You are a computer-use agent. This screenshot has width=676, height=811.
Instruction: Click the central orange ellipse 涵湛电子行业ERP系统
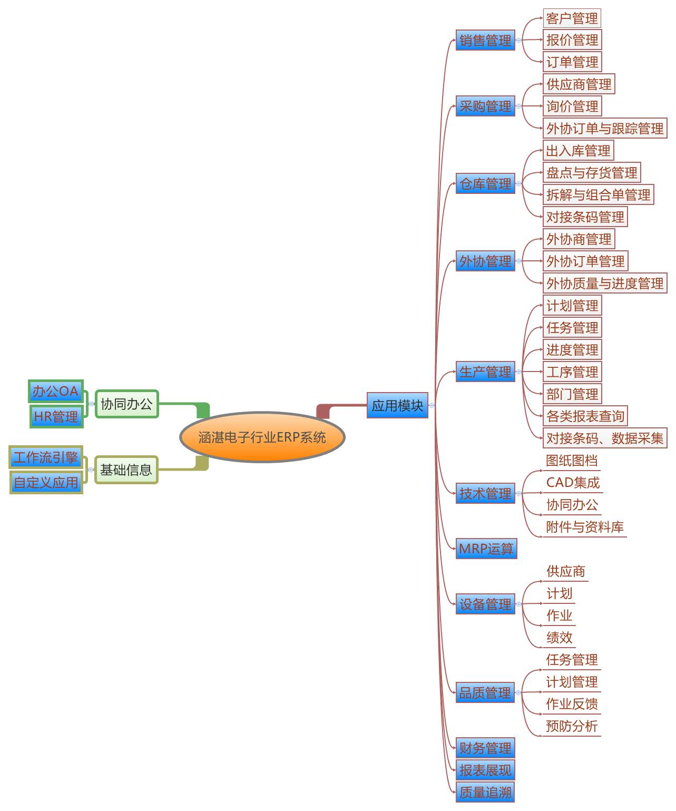[x=262, y=437]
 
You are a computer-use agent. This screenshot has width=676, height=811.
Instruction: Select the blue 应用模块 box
[x=397, y=405]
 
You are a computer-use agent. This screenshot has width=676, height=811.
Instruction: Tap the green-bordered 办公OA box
[x=55, y=391]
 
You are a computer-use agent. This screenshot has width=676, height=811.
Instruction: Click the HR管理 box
[x=56, y=416]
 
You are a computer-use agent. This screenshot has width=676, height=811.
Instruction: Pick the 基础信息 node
[x=126, y=470]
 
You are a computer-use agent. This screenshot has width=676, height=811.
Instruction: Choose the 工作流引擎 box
[x=46, y=457]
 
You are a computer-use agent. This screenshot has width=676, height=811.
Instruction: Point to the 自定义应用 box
[x=46, y=482]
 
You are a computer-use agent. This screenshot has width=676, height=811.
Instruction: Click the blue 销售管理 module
[x=485, y=40]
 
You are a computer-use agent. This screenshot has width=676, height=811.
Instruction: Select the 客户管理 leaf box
[x=572, y=18]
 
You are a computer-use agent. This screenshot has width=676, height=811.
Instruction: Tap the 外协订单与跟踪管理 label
[x=605, y=128]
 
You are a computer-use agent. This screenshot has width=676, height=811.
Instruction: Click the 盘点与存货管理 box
[x=592, y=172]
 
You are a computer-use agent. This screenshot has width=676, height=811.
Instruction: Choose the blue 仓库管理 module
[x=485, y=184]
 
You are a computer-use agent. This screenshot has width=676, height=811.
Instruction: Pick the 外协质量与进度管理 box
[x=605, y=284]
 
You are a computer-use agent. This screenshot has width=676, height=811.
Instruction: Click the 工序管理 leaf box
[x=572, y=372]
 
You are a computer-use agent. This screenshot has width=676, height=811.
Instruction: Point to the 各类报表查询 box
[x=585, y=416]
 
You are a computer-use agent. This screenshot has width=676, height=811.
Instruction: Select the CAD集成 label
[x=573, y=482]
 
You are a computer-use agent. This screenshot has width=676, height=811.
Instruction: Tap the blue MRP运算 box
[x=486, y=549]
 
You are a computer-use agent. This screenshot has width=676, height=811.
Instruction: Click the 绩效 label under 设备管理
[x=559, y=638]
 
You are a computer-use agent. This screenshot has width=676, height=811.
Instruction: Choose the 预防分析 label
[x=572, y=726]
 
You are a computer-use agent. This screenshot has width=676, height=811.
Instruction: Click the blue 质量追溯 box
[x=485, y=792]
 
